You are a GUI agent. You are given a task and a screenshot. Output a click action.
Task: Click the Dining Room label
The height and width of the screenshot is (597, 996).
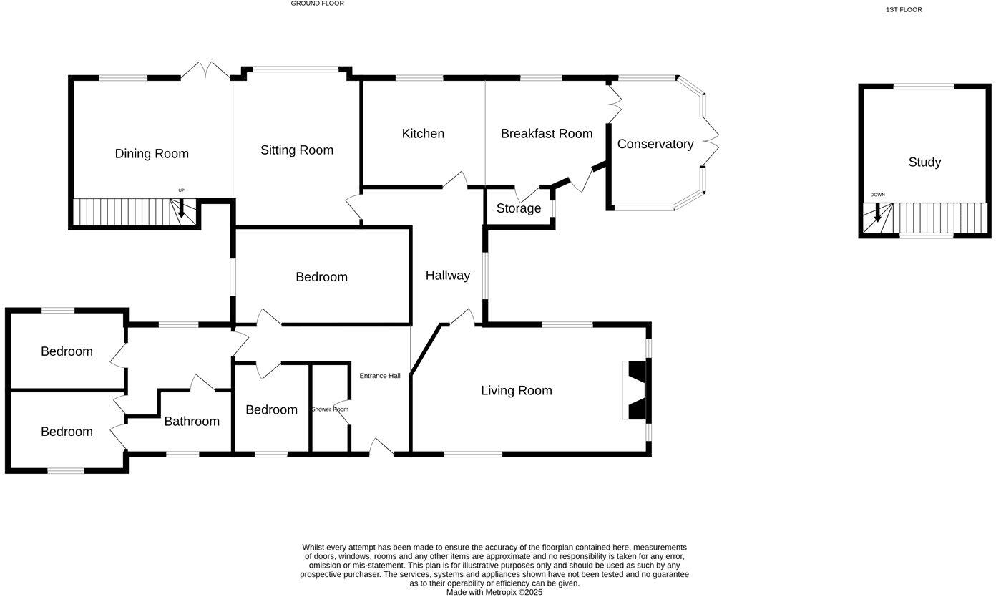point(152,154)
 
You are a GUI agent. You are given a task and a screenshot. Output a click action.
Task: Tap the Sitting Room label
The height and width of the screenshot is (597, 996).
point(297,150)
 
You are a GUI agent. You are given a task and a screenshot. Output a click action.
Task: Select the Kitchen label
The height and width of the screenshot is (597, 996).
point(423,134)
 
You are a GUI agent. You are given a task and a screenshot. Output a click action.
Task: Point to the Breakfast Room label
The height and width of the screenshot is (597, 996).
point(547,134)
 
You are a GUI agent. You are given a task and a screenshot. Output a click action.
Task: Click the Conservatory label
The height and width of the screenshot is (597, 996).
point(655,144)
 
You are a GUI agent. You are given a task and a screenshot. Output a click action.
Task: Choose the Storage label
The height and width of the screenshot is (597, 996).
point(519,209)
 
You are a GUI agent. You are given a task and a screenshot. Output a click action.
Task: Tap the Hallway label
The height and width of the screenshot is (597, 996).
point(448,276)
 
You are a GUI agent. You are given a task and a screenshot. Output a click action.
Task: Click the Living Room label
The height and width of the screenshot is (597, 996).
point(517,391)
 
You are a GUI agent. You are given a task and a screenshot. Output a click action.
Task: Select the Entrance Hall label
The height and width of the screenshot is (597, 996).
point(380,376)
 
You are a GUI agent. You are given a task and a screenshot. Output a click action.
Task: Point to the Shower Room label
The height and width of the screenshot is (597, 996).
point(330,409)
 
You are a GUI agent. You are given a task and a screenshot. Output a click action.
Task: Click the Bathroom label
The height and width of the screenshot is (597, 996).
point(192,422)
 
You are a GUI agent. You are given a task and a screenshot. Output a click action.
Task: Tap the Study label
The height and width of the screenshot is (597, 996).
point(924,162)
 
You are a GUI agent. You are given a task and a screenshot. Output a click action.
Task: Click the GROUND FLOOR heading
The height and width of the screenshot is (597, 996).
point(317,4)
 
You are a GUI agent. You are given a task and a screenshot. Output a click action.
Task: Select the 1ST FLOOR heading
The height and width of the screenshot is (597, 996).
point(904,10)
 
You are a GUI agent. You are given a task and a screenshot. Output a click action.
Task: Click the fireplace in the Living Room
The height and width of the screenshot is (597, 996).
point(636,391)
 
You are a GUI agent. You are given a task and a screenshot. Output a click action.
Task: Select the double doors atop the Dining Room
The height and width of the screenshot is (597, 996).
point(205,71)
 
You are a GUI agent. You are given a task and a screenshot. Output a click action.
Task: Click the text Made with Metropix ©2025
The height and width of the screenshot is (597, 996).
point(494,593)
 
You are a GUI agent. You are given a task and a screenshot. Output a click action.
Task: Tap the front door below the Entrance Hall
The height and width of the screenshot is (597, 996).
point(381,448)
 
